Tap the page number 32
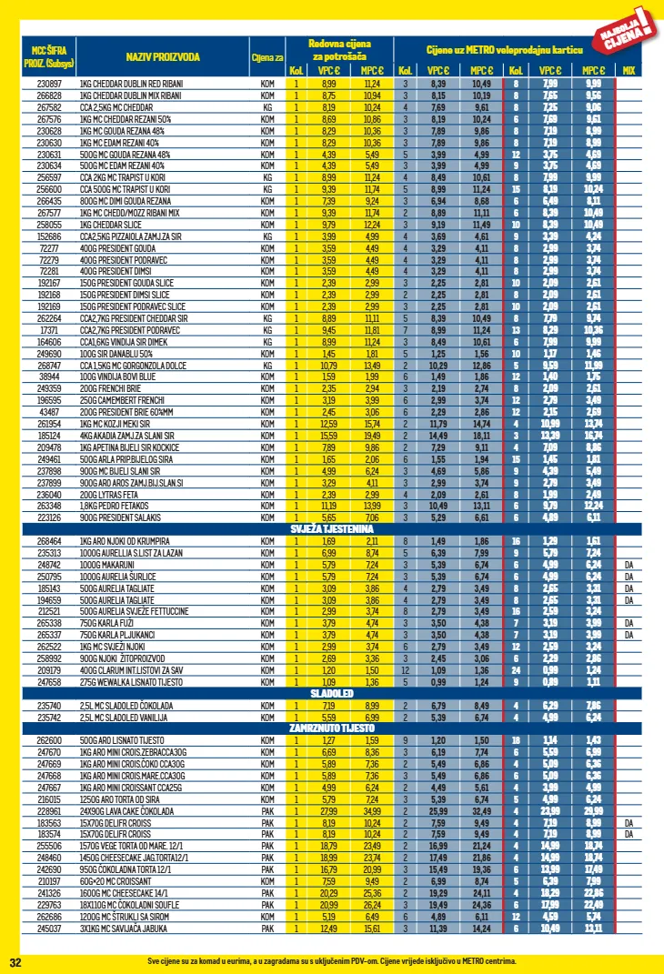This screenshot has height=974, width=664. coord(15,961)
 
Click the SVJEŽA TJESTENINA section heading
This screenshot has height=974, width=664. coord(332,528)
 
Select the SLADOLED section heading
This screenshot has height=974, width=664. coord(331,692)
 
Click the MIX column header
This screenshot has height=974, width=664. coord(629,71)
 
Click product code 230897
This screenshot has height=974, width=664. coord(48,83)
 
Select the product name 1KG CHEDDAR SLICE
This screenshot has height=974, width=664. coord(110,224)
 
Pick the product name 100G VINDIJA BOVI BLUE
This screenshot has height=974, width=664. coord(117,376)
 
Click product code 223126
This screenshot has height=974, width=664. coord(48,517)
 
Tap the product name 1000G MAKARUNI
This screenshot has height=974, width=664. coord(106,564)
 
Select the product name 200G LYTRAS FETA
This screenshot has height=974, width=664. coord(110,493)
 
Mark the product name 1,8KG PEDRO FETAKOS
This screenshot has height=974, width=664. coord(115,505)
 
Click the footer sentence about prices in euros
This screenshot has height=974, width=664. coord(331,961)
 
